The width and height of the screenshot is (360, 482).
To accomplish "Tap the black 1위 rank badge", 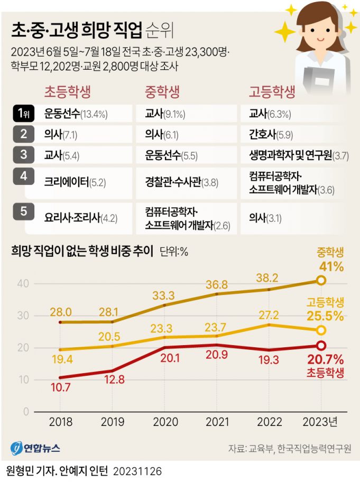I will pos(23,114).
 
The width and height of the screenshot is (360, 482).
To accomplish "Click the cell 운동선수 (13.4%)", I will pos(77,114).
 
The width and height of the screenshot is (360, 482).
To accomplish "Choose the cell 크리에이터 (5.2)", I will pos(76,183).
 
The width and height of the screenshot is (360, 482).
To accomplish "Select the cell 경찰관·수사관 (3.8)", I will pos(182,183).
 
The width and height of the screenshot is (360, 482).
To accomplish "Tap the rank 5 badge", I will pos(23,212).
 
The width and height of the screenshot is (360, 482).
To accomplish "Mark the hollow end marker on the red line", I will pos(320,346).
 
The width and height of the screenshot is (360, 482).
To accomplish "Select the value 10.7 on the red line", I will pos(61,388).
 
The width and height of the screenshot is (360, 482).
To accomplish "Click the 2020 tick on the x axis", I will pos(164,423).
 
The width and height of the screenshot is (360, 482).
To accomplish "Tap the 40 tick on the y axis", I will pos(22,284).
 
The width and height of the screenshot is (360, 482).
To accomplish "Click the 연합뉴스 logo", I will pos(35,448).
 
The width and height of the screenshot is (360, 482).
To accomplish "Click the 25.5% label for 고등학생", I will pos(325,317).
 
